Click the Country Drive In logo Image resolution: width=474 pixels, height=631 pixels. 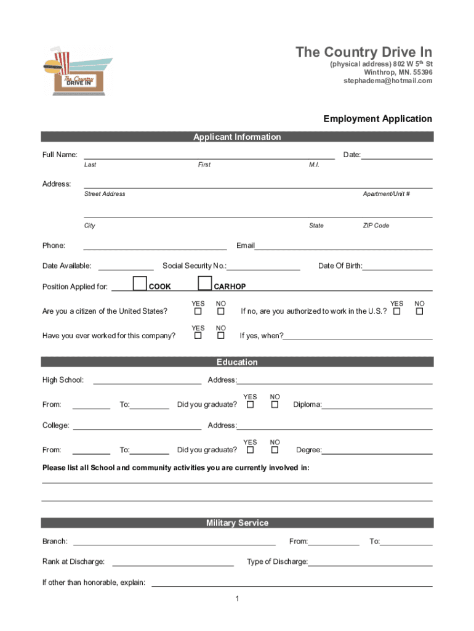[x=78, y=70]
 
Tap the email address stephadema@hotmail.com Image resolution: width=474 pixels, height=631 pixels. [x=388, y=81]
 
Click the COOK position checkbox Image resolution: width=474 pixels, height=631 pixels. [x=140, y=283]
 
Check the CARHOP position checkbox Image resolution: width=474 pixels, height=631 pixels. [x=206, y=283]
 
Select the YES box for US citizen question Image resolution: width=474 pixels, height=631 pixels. [x=198, y=312]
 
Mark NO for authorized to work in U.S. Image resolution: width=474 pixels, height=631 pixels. [x=419, y=312]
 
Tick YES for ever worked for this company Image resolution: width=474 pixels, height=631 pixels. [x=198, y=336]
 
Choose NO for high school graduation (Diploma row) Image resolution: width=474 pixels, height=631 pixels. [x=275, y=405]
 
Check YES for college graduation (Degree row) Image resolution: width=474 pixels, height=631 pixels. [x=250, y=450]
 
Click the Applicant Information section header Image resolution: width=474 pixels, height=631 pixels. [x=237, y=137]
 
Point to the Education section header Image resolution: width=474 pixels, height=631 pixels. [x=237, y=362]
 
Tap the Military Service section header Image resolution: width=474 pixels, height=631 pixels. [x=237, y=523]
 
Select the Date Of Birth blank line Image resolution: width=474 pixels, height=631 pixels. [x=397, y=269]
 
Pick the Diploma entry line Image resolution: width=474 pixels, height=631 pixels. [x=377, y=407]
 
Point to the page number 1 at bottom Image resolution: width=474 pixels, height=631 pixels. [x=237, y=599]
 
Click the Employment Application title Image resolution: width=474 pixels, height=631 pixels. [x=377, y=119]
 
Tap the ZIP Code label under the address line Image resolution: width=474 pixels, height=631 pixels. [x=376, y=226]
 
